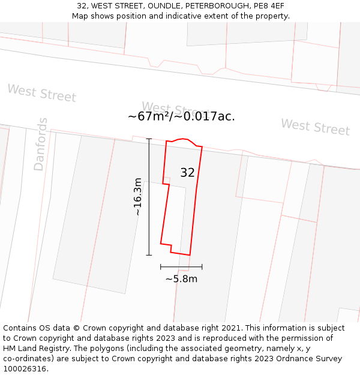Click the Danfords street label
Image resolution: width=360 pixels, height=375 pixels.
coord(40,144)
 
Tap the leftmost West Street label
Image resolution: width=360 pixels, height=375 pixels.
coord(41,93)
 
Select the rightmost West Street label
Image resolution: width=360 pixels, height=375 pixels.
coord(315,127)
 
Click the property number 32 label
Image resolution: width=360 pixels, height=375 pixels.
coord(187,173)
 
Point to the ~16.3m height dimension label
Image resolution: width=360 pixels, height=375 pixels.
coord(137,196)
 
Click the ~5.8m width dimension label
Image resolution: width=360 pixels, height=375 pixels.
coord(181,278)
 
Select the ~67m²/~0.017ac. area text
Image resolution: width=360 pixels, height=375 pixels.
coord(181,116)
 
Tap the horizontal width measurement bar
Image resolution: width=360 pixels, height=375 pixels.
coord(181,266)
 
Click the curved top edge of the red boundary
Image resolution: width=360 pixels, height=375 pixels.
coord(184,140)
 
